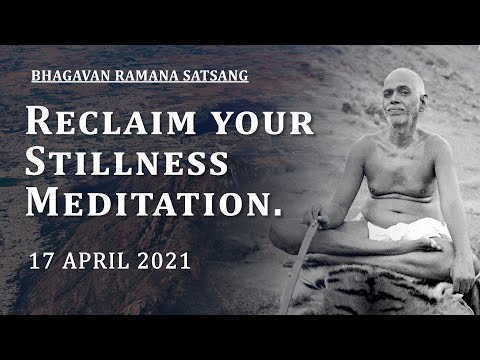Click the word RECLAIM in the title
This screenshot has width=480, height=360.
[x=99, y=122]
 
